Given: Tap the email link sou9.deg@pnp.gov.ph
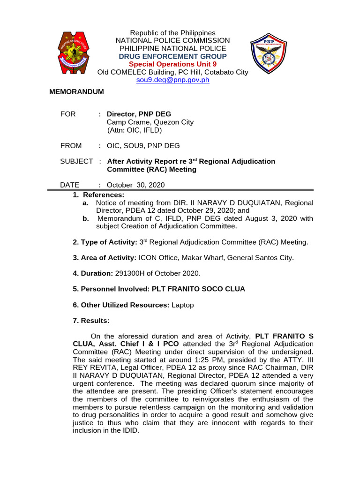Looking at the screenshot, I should pyautogui.click(x=172, y=80).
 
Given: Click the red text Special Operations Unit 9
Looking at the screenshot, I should pyautogui.click(x=172, y=64).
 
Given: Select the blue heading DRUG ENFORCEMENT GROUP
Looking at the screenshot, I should pyautogui.click(x=172, y=56).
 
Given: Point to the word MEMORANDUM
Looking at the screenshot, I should pyautogui.click(x=76, y=92).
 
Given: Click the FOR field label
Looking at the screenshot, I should pyautogui.click(x=68, y=114).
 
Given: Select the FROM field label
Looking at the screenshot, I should pyautogui.click(x=71, y=146).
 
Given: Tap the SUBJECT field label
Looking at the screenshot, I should pyautogui.click(x=76, y=161).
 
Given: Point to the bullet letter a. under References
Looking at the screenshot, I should pyautogui.click(x=85, y=202).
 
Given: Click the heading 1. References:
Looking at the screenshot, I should pyautogui.click(x=98, y=195).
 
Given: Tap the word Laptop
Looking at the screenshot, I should pyautogui.click(x=182, y=305).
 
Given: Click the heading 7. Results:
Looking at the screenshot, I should pyautogui.click(x=91, y=321).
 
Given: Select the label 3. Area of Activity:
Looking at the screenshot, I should pyautogui.click(x=104, y=258).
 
